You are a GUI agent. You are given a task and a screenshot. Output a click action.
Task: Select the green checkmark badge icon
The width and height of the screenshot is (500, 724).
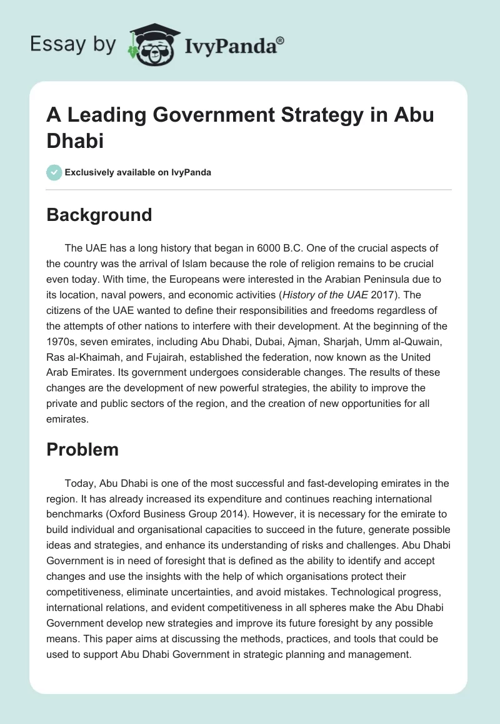click(54, 172)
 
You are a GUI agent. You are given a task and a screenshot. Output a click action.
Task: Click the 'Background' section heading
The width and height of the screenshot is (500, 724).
click(99, 215)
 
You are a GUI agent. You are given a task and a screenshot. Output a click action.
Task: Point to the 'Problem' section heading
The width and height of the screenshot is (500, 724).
click(82, 449)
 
